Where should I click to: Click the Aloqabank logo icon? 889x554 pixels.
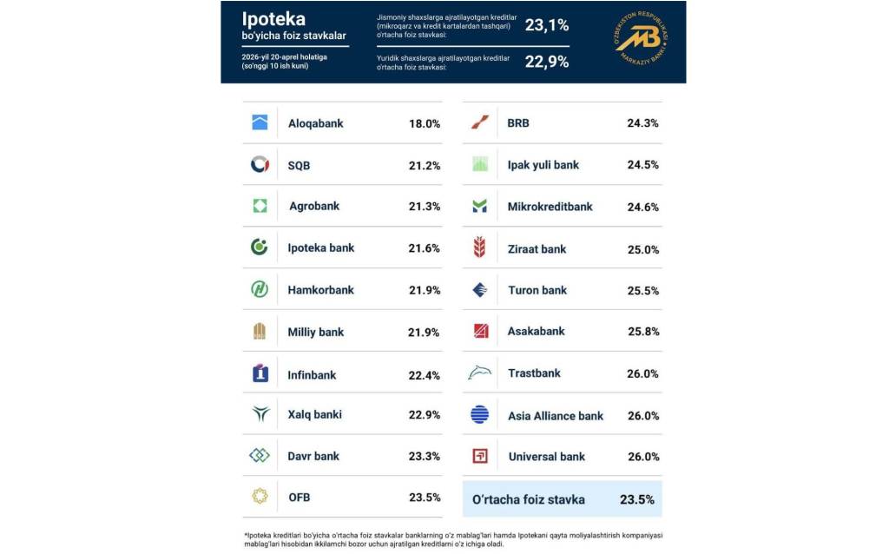pyautogui.click(x=260, y=122)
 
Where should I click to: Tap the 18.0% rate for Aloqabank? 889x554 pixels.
pyautogui.click(x=425, y=123)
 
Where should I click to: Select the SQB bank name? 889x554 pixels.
pyautogui.click(x=299, y=165)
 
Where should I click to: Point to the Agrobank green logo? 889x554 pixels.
pyautogui.click(x=260, y=206)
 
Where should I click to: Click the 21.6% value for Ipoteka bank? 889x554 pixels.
pyautogui.click(x=425, y=247)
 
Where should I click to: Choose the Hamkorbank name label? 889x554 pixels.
pyautogui.click(x=321, y=289)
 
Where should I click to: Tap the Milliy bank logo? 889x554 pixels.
pyautogui.click(x=260, y=331)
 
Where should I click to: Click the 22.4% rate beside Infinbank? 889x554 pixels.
pyautogui.click(x=425, y=375)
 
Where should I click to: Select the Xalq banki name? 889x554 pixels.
pyautogui.click(x=315, y=414)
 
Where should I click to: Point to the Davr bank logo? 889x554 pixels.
pyautogui.click(x=260, y=455)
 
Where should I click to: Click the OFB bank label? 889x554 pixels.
pyautogui.click(x=299, y=498)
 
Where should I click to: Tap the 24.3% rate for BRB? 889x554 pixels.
pyautogui.click(x=642, y=123)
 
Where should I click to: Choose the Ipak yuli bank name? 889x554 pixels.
pyautogui.click(x=543, y=165)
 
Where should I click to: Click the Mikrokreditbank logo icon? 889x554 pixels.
pyautogui.click(x=479, y=207)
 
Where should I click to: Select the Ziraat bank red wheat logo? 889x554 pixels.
pyautogui.click(x=479, y=248)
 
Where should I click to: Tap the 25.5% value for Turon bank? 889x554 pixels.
pyautogui.click(x=642, y=290)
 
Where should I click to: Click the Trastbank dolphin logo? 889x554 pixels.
pyautogui.click(x=479, y=373)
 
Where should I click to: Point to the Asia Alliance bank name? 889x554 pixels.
pyautogui.click(x=556, y=416)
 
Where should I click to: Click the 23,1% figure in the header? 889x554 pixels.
pyautogui.click(x=547, y=26)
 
